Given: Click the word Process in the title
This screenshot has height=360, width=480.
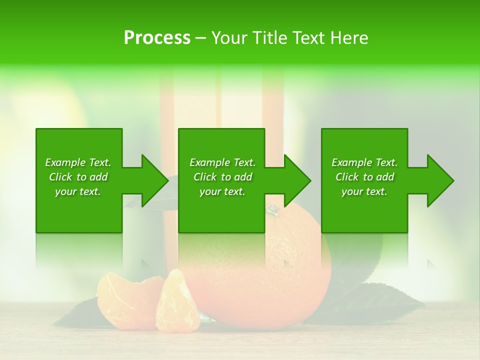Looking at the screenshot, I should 157,38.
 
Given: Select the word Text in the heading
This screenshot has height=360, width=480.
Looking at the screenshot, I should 308,38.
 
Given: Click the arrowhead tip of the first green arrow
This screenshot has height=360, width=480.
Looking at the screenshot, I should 167,180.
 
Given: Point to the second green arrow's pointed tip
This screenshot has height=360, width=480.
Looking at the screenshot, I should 310,180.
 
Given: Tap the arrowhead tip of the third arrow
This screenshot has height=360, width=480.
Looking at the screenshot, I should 453,180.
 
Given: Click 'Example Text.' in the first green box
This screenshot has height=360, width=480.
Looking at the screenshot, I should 78,162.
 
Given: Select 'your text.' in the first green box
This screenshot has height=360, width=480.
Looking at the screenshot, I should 78,191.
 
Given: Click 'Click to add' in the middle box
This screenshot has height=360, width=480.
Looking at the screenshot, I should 222,177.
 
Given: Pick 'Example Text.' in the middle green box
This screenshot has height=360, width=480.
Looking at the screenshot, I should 222,162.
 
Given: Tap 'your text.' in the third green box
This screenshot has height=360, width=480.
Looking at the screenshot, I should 364,191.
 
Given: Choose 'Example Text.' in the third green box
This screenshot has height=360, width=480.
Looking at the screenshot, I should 364,162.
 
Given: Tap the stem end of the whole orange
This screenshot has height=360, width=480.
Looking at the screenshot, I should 272,208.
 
